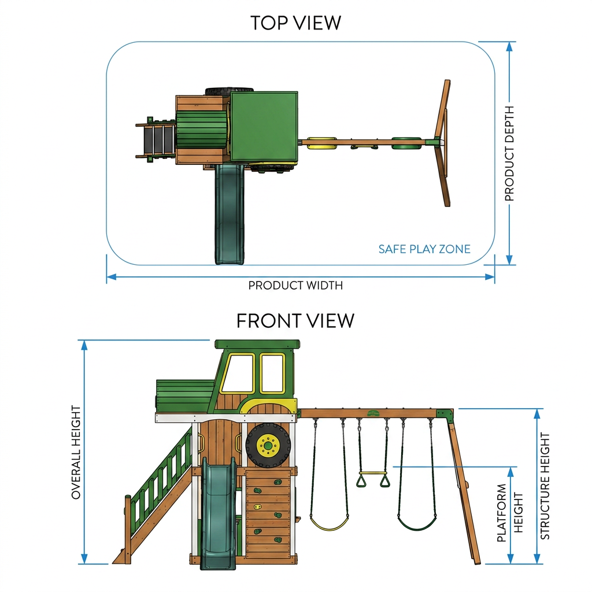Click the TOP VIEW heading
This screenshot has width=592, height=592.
pyautogui.click(x=295, y=23)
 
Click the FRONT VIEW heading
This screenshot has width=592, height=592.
pyautogui.click(x=295, y=320)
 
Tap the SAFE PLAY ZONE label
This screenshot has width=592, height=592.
pyautogui.click(x=424, y=249)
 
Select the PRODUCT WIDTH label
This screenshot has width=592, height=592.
pyautogui.click(x=295, y=286)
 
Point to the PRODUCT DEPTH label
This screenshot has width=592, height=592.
pyautogui.click(x=509, y=153)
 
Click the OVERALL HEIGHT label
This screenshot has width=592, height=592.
pyautogui.click(x=76, y=452)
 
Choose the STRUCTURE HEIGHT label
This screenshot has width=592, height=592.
pyautogui.click(x=545, y=486)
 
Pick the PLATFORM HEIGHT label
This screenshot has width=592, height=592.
pyautogui.click(x=510, y=513)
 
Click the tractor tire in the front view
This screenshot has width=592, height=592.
pyautogui.click(x=268, y=446)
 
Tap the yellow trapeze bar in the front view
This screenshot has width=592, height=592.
pyautogui.click(x=373, y=473)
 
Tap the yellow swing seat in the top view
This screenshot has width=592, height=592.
pyautogui.click(x=321, y=143)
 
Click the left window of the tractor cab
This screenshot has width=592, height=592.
pyautogui.click(x=238, y=373)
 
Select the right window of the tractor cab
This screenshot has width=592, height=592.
pyautogui.click(x=272, y=373)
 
